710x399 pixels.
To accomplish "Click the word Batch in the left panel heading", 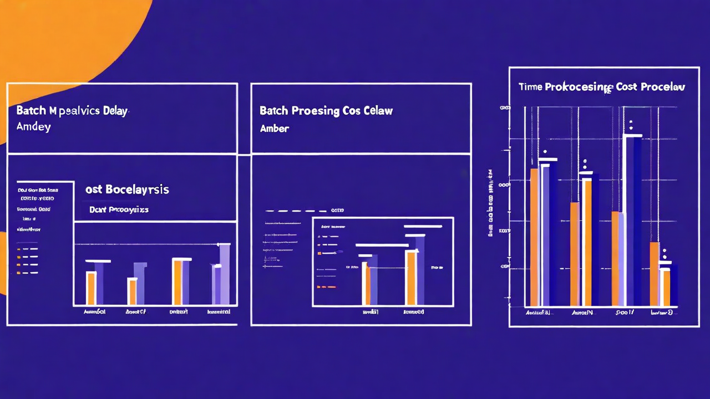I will point(31,110).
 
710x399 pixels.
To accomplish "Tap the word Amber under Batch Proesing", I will point(274,128).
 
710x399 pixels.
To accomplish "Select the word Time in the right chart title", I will point(530,87).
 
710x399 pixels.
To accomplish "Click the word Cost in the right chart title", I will point(626,87).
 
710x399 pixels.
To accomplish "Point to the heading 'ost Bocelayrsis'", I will point(127,190).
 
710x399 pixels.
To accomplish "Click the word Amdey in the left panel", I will point(33,127).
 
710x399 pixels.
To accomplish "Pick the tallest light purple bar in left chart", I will point(225,274).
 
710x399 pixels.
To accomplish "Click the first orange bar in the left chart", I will point(90,288).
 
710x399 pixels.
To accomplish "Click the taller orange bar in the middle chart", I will point(411,278).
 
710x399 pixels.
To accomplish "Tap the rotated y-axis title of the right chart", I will point(491,203).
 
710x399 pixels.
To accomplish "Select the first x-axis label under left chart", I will point(94,312).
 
